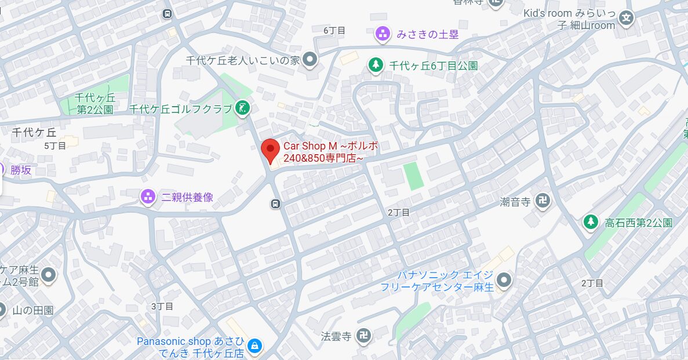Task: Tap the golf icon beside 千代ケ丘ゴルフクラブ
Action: click(242, 107)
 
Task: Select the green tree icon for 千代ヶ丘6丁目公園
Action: click(376, 65)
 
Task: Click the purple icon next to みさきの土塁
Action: click(383, 34)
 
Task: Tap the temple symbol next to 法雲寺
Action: click(363, 336)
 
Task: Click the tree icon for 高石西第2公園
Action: click(591, 221)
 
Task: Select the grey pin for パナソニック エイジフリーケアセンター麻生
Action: click(505, 281)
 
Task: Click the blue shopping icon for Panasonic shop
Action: click(254, 347)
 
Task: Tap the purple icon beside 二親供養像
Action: click(148, 197)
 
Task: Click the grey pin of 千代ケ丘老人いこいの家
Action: click(311, 59)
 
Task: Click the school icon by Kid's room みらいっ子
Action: click(626, 17)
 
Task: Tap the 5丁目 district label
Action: click(56, 146)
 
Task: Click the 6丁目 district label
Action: click(334, 30)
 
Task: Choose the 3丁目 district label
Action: click(162, 306)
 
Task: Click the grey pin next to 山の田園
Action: click(2, 310)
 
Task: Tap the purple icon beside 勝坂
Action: click(2, 169)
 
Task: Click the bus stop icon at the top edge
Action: click(168, 13)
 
